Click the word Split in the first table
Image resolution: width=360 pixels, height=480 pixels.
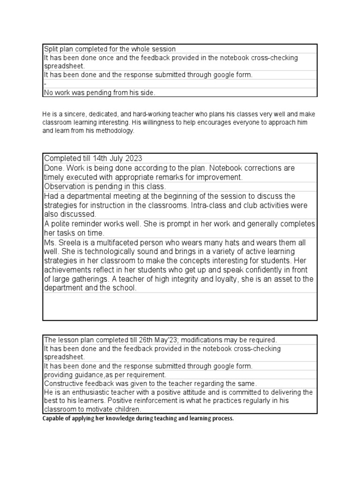click(x=50, y=49)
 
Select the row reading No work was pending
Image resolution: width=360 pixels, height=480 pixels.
click(x=99, y=93)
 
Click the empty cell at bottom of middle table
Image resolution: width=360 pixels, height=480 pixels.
click(x=180, y=307)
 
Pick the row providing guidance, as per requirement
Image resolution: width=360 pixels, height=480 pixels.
click(x=105, y=375)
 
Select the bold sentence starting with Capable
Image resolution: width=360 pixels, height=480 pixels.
click(x=137, y=418)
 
